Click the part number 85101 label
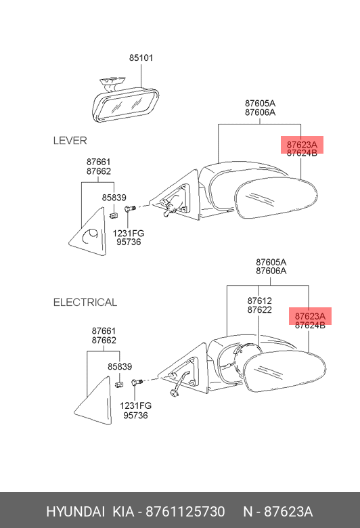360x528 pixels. pos(141,58)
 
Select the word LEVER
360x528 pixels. pos(70,140)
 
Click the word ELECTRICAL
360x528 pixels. pos(85,302)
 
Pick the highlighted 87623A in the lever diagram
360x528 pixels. pos(302,145)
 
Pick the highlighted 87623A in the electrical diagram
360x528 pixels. pos(310,316)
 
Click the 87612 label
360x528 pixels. pos(259,301)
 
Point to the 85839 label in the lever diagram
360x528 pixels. pos(114,198)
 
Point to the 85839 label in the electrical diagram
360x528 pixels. pos(120,366)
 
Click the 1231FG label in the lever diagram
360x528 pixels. pos(129,234)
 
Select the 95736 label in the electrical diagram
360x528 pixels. pos(135,415)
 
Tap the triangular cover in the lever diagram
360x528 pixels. pos(88,232)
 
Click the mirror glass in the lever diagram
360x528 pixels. pos(276,198)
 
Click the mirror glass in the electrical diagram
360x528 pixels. pos(285,372)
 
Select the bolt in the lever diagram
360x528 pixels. pos(129,208)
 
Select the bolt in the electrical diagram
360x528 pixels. pos(137,382)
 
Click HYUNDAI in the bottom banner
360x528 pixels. pos(75,512)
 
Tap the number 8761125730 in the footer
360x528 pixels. pos(185,512)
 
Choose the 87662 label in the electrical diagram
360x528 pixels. pos(104,340)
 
